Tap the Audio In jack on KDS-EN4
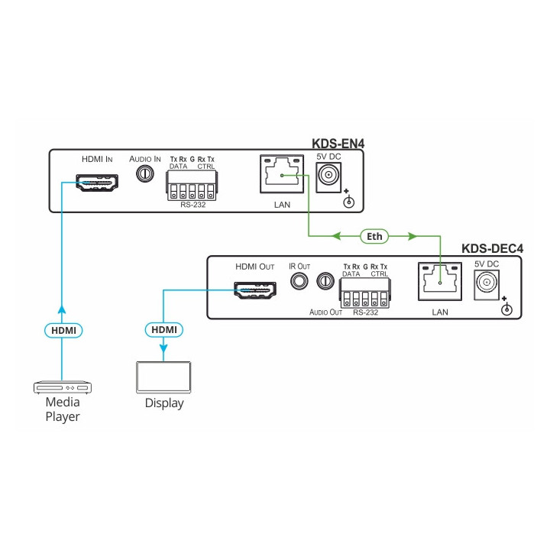click(144, 174)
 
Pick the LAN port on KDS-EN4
click(282, 176)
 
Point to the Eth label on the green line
click(374, 237)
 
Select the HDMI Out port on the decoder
click(254, 290)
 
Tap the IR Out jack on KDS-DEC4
click(299, 282)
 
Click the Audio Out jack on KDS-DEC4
click(326, 282)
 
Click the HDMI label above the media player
click(63, 330)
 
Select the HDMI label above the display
click(163, 330)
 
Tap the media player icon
click(62, 387)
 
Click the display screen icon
click(163, 377)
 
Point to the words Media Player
click(63, 409)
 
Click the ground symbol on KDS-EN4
click(349, 202)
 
